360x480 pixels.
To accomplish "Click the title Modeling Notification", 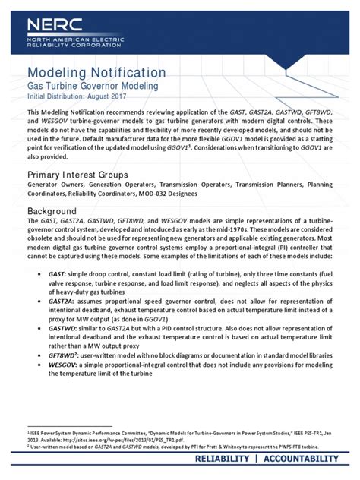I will pos(96,73).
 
